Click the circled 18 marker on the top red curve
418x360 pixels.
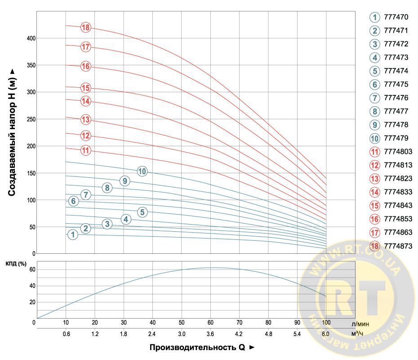click(x=86, y=27)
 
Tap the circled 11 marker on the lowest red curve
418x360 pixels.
click(x=86, y=150)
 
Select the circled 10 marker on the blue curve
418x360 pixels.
click(x=142, y=171)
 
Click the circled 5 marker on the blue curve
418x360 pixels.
click(x=142, y=212)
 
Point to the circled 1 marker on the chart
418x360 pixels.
click(x=72, y=234)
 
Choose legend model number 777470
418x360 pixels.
click(x=396, y=18)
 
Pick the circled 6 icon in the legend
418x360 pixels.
click(x=374, y=85)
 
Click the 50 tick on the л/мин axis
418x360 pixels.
click(x=182, y=323)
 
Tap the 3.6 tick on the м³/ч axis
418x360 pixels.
click(x=210, y=334)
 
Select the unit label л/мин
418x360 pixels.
click(x=361, y=323)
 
